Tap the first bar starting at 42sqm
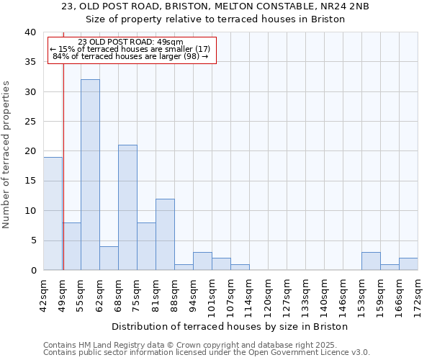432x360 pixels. click(53, 214)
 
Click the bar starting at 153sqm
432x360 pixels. click(371, 261)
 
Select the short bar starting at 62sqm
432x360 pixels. click(109, 258)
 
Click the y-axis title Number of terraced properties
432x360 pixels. click(6, 155)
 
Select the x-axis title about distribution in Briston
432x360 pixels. click(230, 326)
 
